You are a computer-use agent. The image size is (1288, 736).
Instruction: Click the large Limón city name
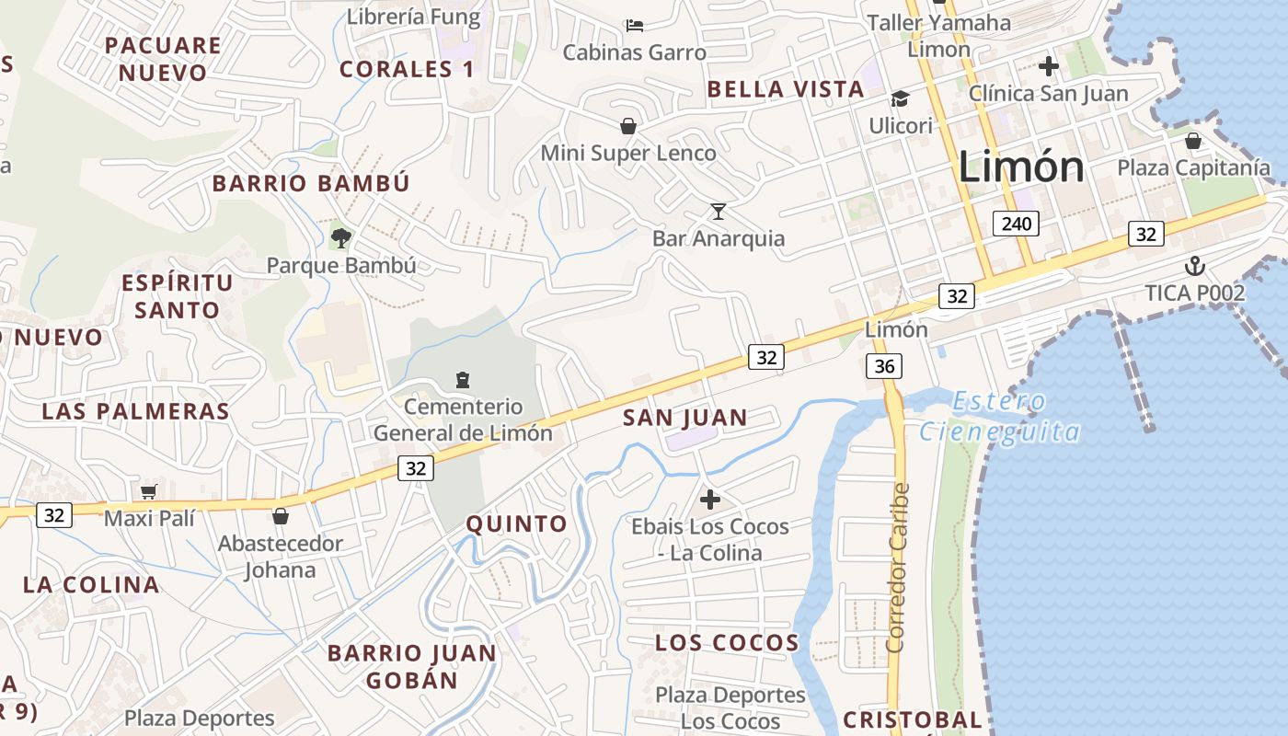pos(1021,167)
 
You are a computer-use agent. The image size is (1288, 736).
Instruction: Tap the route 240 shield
pos(1016,223)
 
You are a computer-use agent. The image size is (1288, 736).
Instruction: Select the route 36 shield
pos(884,366)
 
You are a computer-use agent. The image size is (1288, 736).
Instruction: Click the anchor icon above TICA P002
pos(1194,267)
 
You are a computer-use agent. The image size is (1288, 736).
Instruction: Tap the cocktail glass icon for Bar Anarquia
pos(719,212)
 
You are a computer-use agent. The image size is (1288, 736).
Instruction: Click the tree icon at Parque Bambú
pos(341,238)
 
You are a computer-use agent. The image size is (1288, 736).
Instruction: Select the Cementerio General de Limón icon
pos(462,379)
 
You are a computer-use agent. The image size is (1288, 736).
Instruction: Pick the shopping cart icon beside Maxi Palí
pos(148,491)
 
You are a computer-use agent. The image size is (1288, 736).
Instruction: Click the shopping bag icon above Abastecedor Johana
pos(281,516)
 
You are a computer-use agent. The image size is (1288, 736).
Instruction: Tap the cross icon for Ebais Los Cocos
pos(710,500)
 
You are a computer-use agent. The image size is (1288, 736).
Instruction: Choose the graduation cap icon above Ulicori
pos(899,98)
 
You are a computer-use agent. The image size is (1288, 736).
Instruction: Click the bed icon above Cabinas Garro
pos(634,25)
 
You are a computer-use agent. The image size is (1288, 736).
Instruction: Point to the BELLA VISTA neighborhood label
pos(786,89)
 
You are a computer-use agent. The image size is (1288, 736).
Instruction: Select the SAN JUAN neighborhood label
pos(685,418)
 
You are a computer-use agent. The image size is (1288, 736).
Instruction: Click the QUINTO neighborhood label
pos(517,523)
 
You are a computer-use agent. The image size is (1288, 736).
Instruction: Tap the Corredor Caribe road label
pos(899,568)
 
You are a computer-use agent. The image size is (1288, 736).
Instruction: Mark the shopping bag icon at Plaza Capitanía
pos(1193,141)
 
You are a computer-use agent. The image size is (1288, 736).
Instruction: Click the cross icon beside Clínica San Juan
pos(1048,66)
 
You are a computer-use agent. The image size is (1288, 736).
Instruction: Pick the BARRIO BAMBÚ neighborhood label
pos(311,183)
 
